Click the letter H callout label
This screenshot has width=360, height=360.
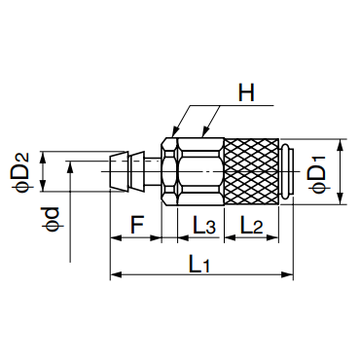(246, 92)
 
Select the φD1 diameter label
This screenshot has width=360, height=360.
(318, 174)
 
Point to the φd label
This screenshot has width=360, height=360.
(51, 219)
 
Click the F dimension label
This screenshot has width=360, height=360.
(136, 225)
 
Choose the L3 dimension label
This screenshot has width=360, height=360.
(204, 225)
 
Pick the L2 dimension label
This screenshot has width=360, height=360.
(252, 225)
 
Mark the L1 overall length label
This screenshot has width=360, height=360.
(198, 264)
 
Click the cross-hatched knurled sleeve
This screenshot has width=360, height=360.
(252, 171)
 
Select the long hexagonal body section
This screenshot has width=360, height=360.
(200, 171)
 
